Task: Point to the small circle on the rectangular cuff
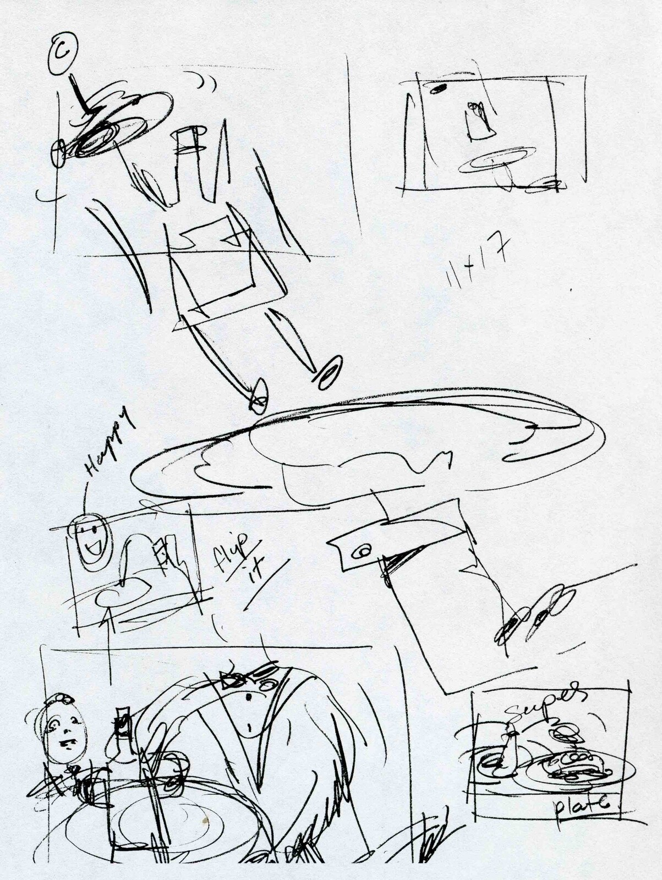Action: pyautogui.click(x=363, y=553)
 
